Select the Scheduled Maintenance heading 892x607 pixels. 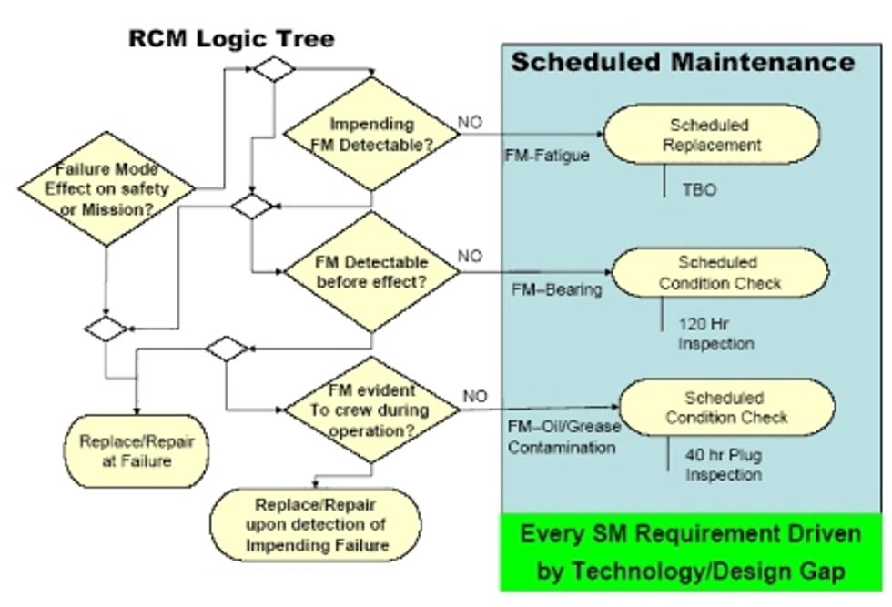(x=683, y=62)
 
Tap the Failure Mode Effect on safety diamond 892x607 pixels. (x=107, y=188)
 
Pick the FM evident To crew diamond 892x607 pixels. (x=370, y=410)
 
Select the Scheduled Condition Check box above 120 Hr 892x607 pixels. (x=720, y=272)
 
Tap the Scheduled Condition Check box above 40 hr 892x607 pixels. (x=725, y=408)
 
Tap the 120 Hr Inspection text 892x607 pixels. (x=715, y=333)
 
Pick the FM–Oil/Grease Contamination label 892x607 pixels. (x=562, y=437)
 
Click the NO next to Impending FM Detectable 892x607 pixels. (x=470, y=119)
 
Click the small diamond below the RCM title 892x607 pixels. (x=274, y=69)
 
